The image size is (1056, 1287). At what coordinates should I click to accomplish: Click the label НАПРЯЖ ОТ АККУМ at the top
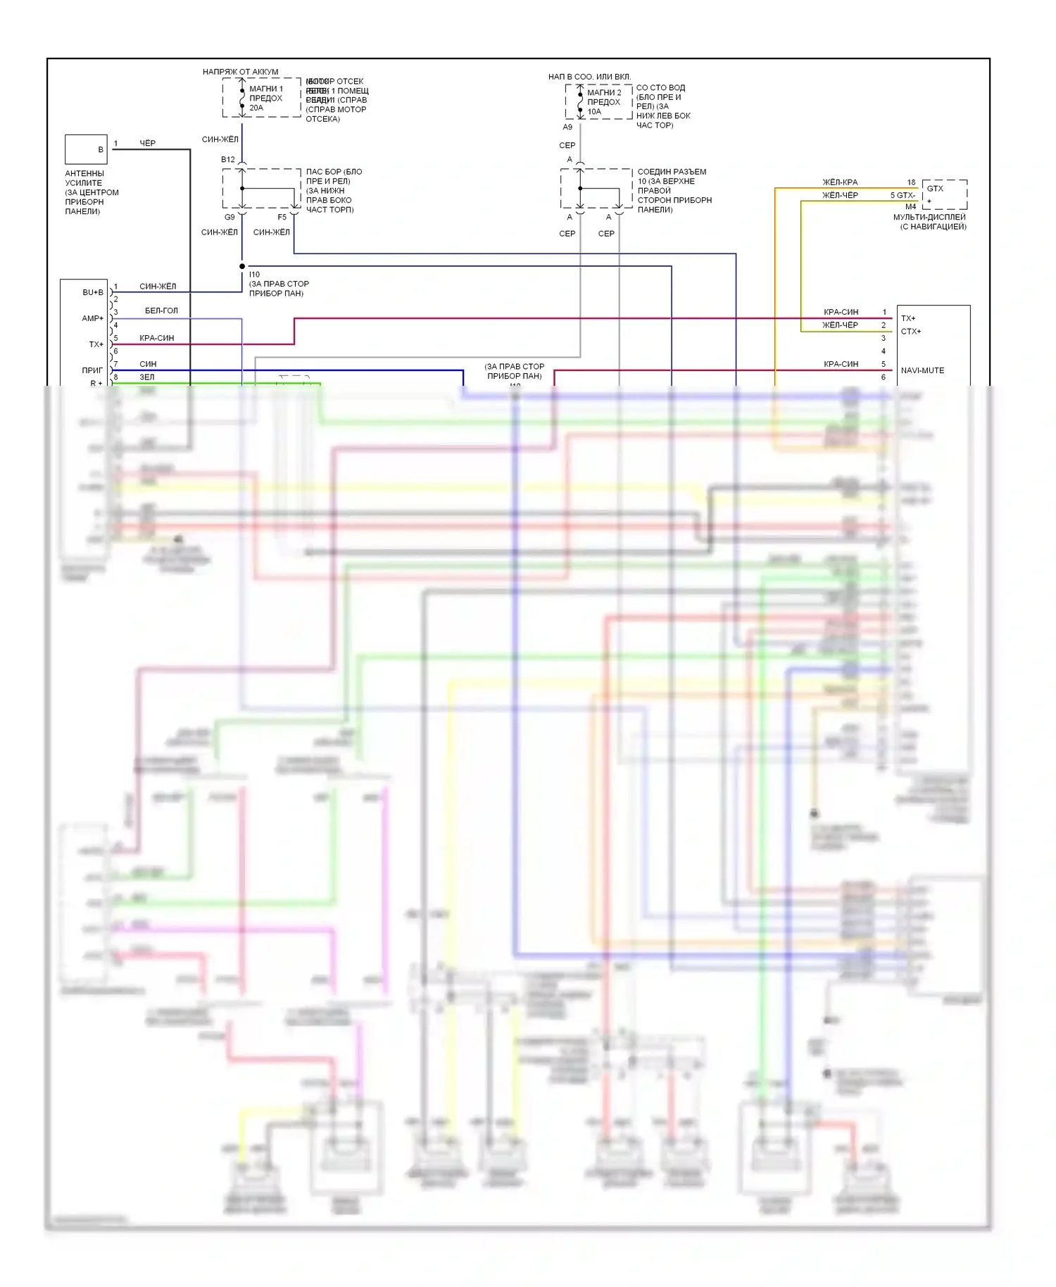coord(240,72)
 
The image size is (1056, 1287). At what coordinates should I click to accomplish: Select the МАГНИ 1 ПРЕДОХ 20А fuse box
coord(261,98)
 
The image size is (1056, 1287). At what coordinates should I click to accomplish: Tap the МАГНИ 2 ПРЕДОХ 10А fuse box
coord(598,102)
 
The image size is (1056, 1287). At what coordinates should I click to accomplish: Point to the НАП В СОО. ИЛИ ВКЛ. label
coord(589,77)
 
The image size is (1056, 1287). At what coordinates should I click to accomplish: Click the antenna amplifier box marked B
coord(86,149)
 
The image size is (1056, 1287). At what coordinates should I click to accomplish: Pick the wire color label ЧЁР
coord(147,144)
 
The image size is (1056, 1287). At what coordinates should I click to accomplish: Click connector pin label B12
coord(228,160)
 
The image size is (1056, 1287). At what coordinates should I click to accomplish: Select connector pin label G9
coord(230,217)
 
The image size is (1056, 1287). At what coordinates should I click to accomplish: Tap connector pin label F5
coord(282,217)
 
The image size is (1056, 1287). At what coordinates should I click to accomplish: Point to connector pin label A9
coord(567,127)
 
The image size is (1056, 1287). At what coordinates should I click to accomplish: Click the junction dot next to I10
coord(242,266)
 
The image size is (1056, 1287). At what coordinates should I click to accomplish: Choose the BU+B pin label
coord(92,292)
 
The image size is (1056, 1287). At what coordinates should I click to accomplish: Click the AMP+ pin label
coord(92,318)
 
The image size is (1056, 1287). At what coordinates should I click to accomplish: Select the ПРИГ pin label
coord(92,370)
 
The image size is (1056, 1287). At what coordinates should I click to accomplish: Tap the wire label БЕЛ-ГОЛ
coord(161,310)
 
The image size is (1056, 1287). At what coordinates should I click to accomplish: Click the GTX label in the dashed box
coord(935,189)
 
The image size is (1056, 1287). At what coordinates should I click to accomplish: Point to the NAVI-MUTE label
coord(922,370)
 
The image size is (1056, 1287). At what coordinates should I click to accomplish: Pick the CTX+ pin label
coord(911,332)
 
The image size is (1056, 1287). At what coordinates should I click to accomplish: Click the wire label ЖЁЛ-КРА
coord(840,182)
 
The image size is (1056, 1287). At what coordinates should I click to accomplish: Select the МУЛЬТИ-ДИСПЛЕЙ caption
coord(929,218)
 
